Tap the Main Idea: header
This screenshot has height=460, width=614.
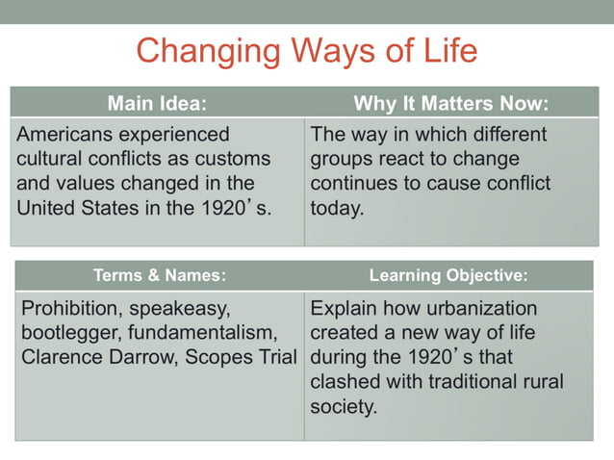pos(157,103)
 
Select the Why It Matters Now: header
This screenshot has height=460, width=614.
pos(450,103)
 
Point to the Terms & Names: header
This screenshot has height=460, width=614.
pos(159,275)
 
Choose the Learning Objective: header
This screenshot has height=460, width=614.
pos(448,275)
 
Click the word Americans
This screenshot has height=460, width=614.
pos(73,134)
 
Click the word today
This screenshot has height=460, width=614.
pos(337,207)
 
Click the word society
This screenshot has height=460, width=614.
pos(342,407)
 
